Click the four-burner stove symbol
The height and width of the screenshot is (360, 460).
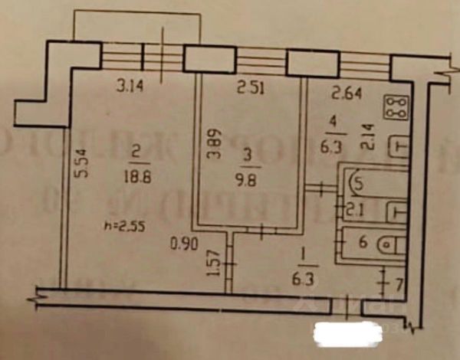coord(399,109)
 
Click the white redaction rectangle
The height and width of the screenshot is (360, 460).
coord(348,333)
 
